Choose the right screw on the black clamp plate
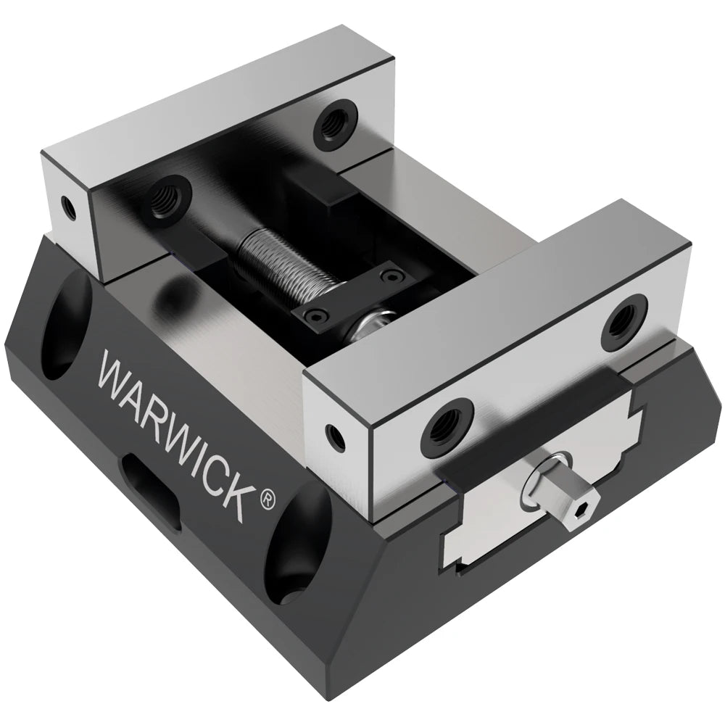click(392, 275)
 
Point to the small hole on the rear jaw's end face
click(67, 207)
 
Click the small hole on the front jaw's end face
click(335, 434)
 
